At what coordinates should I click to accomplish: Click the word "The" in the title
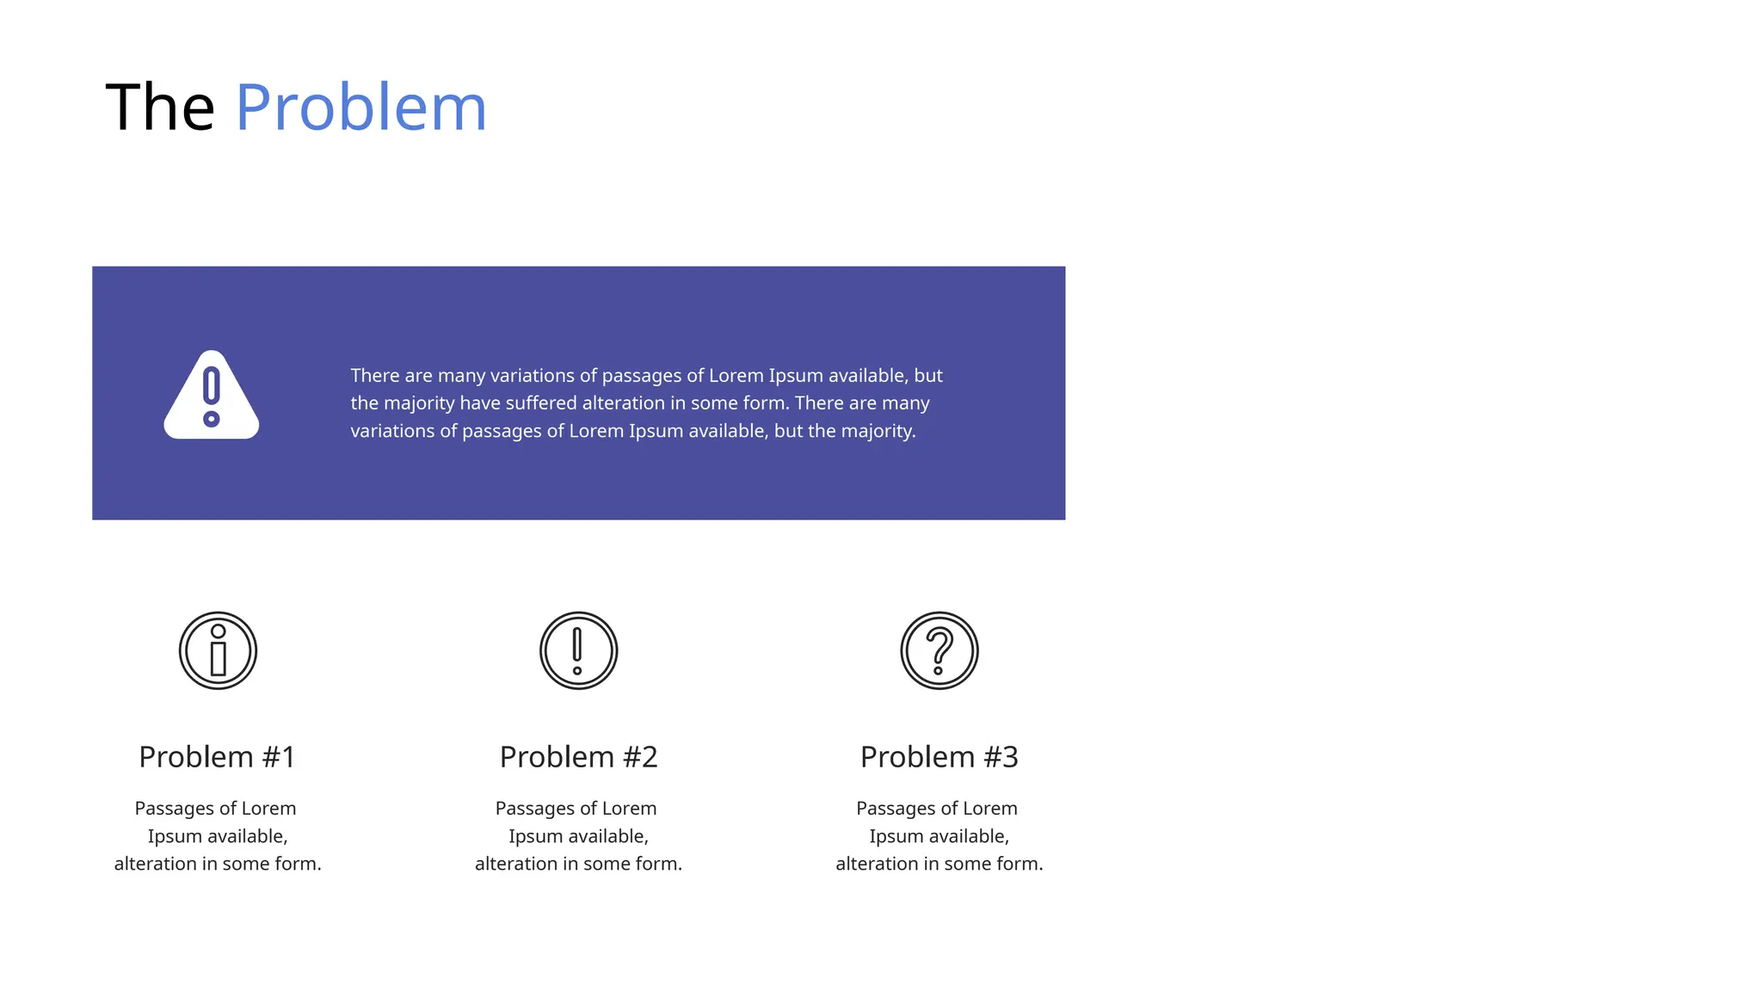coord(160,108)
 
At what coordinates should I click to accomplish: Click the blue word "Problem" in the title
coord(361,108)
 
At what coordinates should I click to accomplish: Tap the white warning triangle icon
coord(212,397)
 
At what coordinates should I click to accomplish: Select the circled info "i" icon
coord(218,650)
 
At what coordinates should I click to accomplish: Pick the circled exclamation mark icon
coord(578,650)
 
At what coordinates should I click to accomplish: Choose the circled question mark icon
coord(939,650)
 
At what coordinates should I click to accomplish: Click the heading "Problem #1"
coord(218,757)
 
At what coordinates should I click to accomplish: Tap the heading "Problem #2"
coord(578,757)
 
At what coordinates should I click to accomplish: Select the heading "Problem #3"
coord(939,757)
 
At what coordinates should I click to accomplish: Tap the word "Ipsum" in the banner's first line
coord(796,376)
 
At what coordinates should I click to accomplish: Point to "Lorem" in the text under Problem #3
coord(989,809)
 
